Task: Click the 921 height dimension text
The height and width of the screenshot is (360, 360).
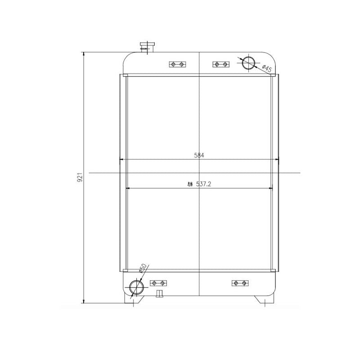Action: [x=79, y=177]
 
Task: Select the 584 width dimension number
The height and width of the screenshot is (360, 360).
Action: [x=199, y=155]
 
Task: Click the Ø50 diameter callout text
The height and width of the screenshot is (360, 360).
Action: [x=141, y=269]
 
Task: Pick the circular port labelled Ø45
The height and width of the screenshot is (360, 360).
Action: [x=248, y=63]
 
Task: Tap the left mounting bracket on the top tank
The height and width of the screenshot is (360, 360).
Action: [x=176, y=64]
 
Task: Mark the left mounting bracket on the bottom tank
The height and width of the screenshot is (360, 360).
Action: [x=158, y=283]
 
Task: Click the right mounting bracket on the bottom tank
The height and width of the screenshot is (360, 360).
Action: [x=238, y=283]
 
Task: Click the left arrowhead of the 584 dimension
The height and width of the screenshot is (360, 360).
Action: [x=121, y=159]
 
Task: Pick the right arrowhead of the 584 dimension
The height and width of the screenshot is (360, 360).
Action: [x=277, y=159]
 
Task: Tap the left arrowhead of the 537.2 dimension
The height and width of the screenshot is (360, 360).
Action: [x=130, y=188]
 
